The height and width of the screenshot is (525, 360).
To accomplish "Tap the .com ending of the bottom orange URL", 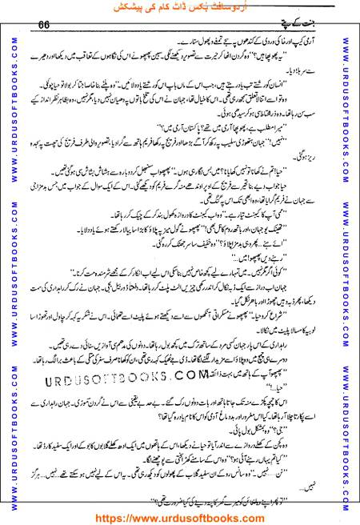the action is coord(254,516).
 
